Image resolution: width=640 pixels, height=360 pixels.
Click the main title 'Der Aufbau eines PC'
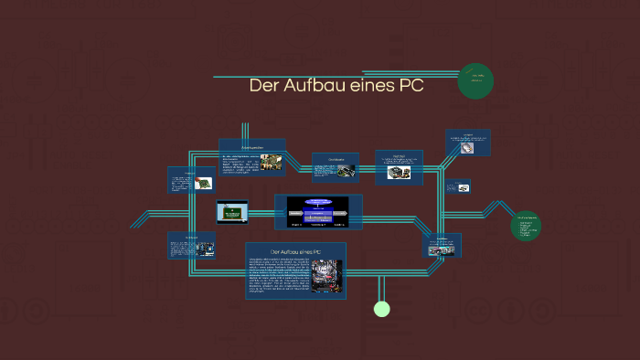(336, 87)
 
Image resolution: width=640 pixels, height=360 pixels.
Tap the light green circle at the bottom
(382, 309)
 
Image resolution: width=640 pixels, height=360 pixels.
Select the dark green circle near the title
(476, 80)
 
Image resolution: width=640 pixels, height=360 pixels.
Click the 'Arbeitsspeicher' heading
(251, 146)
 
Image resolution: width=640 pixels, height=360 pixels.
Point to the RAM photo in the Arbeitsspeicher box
(271, 163)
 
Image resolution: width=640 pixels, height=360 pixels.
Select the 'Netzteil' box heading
(399, 155)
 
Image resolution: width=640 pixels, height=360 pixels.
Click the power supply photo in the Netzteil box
(399, 172)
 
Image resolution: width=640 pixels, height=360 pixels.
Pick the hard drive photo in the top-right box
(469, 146)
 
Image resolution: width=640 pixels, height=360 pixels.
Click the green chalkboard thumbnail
(232, 212)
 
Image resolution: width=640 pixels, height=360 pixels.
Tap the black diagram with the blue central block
(318, 211)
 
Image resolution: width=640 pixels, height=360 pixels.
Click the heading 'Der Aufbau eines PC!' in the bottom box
(295, 251)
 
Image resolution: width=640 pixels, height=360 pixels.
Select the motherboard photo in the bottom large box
(325, 276)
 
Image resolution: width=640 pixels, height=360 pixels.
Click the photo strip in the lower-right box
(442, 249)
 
